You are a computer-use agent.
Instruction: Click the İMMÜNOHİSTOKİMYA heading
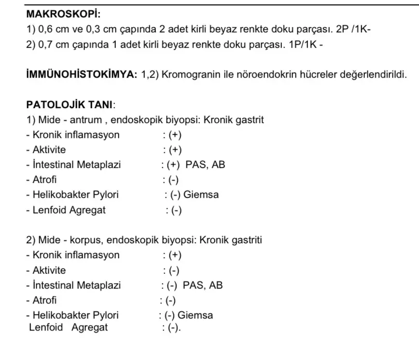pyautogui.click(x=82, y=75)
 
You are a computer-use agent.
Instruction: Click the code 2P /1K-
pyautogui.click(x=353, y=30)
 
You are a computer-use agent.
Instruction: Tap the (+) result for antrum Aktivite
pyautogui.click(x=173, y=150)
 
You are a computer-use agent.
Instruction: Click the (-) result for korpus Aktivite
pyautogui.click(x=173, y=270)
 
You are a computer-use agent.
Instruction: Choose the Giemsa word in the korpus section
pyautogui.click(x=196, y=316)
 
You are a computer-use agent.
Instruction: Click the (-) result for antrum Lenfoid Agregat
pyautogui.click(x=173, y=210)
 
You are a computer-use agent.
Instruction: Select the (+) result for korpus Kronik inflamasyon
pyautogui.click(x=173, y=255)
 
